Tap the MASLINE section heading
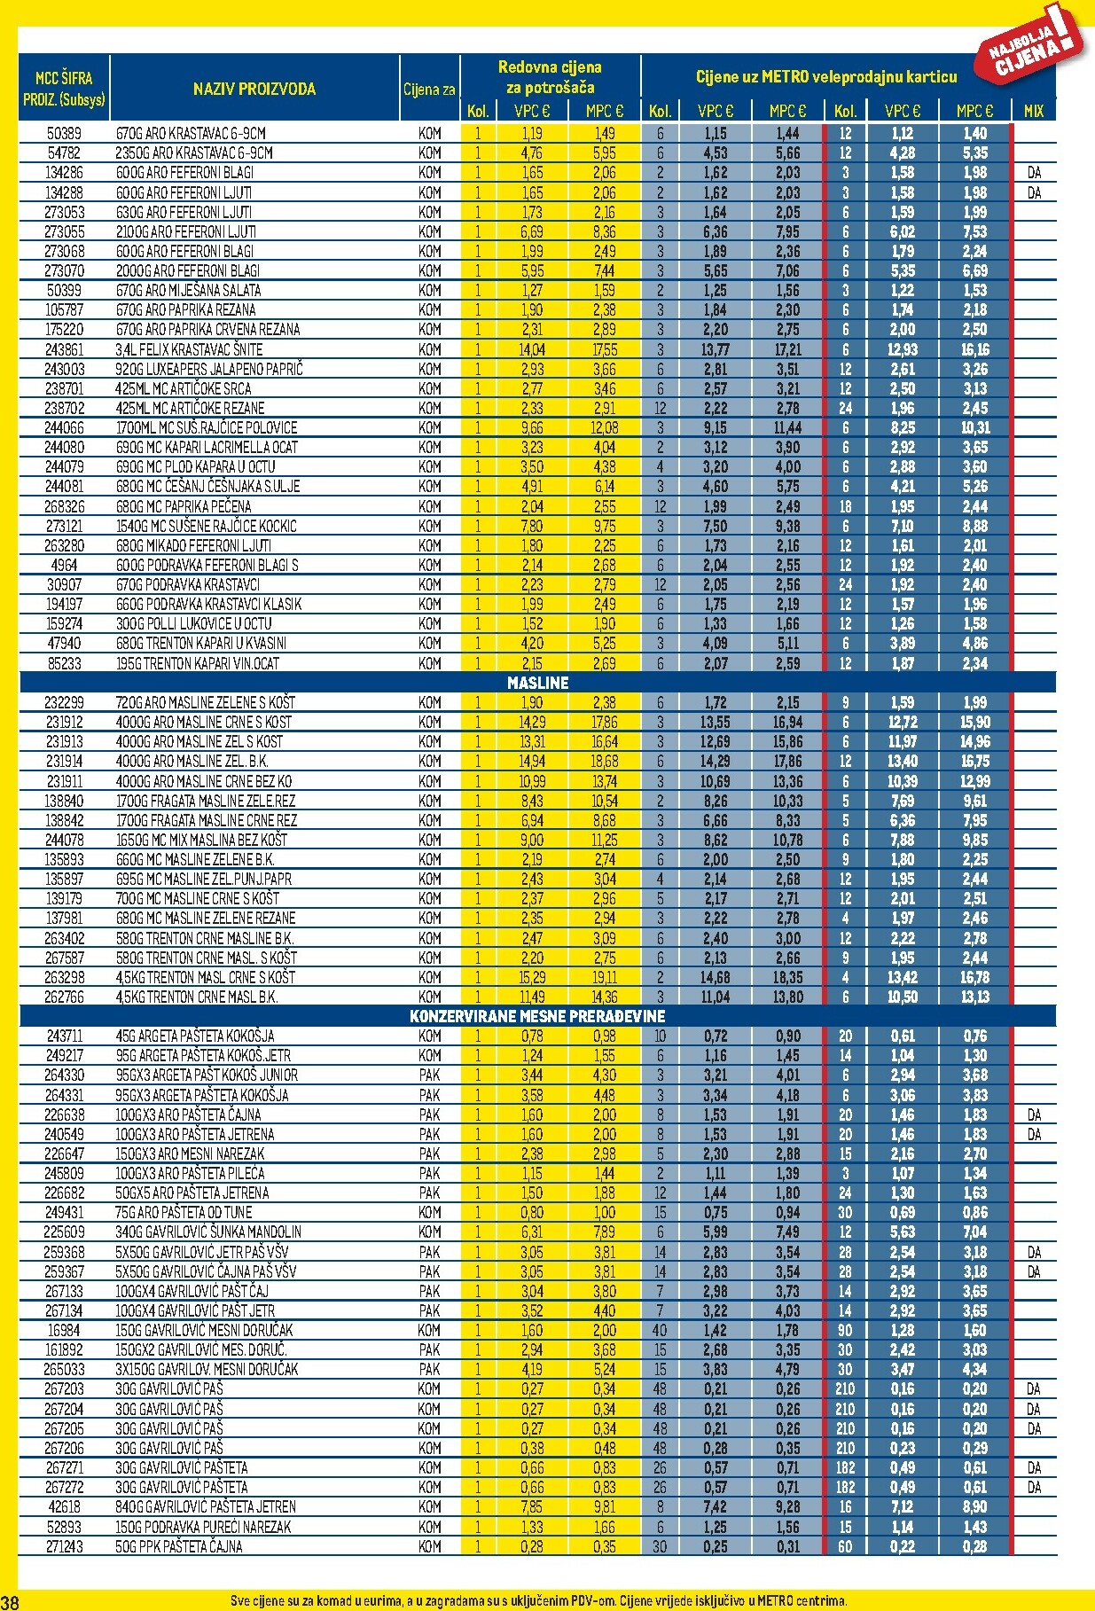[537, 683]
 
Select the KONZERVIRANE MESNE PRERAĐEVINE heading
[537, 1016]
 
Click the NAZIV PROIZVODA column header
[254, 89]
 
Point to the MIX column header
[1034, 112]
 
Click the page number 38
[10, 1601]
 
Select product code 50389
[64, 134]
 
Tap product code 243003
[64, 369]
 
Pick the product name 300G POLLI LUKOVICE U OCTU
[194, 623]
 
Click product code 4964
[64, 565]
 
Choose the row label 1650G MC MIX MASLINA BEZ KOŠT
[201, 840]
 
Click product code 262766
[64, 997]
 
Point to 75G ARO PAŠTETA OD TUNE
[184, 1212]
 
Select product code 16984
[64, 1330]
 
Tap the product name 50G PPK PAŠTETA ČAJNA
[179, 1546]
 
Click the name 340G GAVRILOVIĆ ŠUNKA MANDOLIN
[208, 1232]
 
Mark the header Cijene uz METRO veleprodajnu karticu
[825, 77]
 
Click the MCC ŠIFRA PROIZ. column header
[64, 89]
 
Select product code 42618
[64, 1506]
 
